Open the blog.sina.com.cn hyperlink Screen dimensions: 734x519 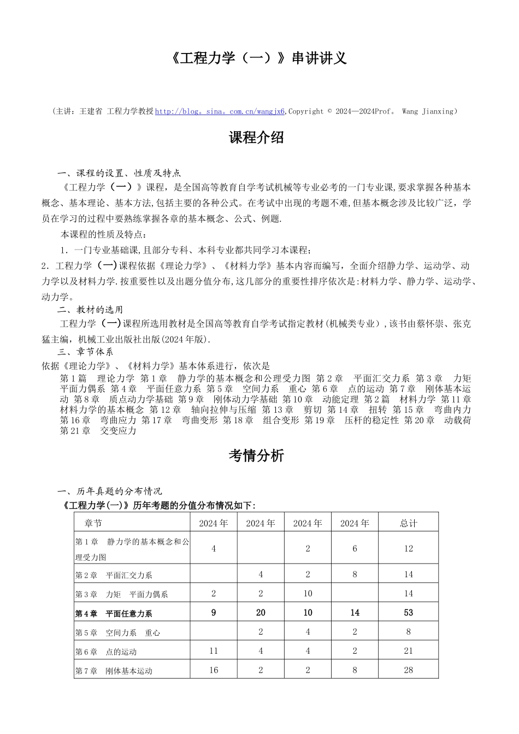pos(220,111)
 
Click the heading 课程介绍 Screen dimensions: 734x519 pos(256,138)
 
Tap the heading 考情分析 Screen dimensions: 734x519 pos(256,455)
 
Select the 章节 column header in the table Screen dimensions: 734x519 pos(93,523)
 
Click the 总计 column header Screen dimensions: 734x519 pos(408,523)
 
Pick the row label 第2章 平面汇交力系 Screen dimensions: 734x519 pos(114,575)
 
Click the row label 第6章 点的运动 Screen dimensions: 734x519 pos(106,652)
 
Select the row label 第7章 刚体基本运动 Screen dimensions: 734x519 pos(114,671)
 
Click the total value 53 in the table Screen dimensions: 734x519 pos(408,613)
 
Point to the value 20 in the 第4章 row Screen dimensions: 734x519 pos(261,613)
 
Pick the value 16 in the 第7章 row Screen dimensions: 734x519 pos(214,670)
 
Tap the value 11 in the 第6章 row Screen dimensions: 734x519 pos(214,651)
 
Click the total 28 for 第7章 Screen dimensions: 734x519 pos(408,670)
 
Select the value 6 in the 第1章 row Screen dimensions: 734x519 pos(355,548)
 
